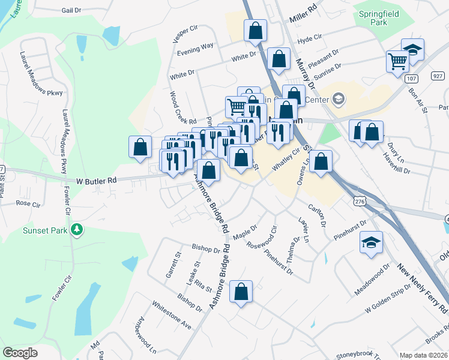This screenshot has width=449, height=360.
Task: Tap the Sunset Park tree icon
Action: click(77, 230)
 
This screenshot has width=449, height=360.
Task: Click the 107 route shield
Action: click(411, 78)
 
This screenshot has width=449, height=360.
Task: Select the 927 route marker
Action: click(438, 76)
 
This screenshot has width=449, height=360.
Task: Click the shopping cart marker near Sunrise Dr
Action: click(397, 61)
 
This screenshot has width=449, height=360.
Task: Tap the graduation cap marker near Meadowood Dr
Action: click(371, 242)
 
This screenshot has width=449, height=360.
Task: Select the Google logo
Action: click(20, 352)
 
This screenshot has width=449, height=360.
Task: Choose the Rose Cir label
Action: click(28, 203)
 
